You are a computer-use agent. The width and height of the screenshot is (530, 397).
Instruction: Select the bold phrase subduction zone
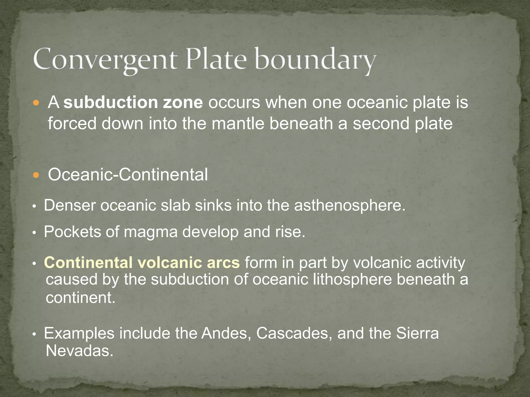coord(133,102)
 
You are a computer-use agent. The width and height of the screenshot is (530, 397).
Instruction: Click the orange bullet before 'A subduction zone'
coord(36,103)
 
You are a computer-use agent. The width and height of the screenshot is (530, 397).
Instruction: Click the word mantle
coord(238,123)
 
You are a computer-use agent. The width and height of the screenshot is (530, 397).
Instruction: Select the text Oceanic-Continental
coord(128,175)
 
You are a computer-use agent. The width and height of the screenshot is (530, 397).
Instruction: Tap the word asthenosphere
coord(349,206)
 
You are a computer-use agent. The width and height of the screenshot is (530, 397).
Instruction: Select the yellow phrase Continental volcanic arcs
coord(142,263)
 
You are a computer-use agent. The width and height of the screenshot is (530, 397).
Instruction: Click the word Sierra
coord(417,333)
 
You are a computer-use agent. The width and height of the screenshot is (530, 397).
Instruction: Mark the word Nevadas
coord(79,351)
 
